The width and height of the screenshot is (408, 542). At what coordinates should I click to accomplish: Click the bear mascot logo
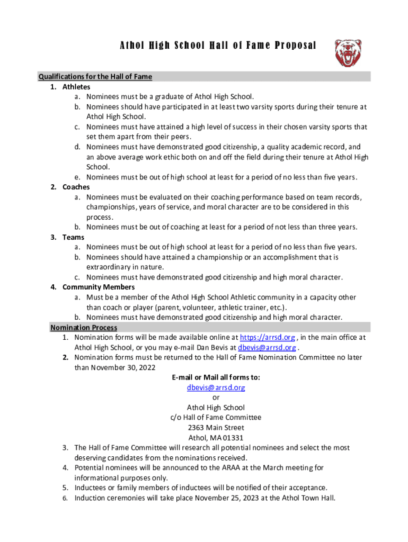[348, 53]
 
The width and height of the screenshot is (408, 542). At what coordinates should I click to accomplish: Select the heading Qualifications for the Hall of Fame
[95, 77]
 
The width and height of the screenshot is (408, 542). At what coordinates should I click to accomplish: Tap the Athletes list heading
[76, 87]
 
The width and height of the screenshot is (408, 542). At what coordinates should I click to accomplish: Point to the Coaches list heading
[76, 187]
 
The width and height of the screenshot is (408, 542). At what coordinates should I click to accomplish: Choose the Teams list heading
[74, 237]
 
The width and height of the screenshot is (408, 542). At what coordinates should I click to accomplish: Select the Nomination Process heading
[84, 327]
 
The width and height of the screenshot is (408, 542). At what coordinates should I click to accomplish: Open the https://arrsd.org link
[268, 337]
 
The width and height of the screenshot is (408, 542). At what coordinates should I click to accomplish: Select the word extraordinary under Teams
[108, 267]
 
